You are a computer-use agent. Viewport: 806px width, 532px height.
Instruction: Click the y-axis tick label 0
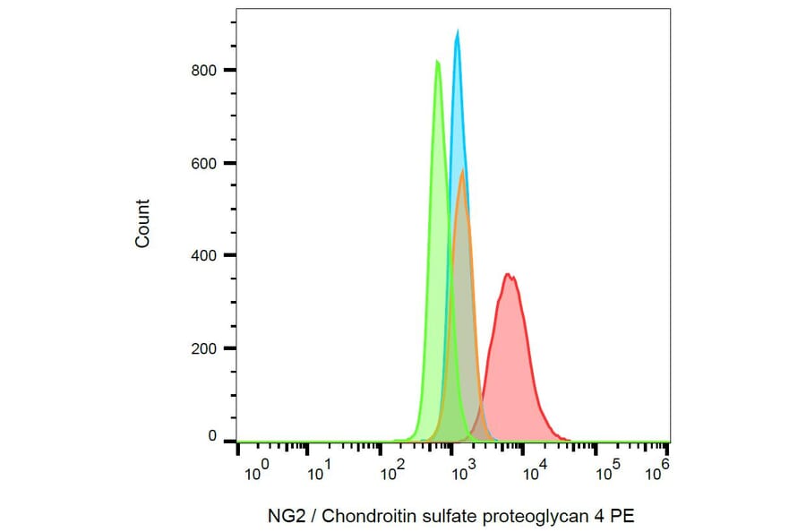(212, 436)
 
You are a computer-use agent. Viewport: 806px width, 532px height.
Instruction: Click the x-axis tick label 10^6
(657, 468)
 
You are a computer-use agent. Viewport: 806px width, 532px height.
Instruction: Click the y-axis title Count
(142, 224)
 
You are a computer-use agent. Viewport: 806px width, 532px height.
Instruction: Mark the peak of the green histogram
(437, 61)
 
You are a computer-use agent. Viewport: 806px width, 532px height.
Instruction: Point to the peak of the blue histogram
(458, 30)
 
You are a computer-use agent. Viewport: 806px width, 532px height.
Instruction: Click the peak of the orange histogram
(462, 170)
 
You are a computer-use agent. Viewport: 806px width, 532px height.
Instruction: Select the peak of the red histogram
(508, 274)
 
